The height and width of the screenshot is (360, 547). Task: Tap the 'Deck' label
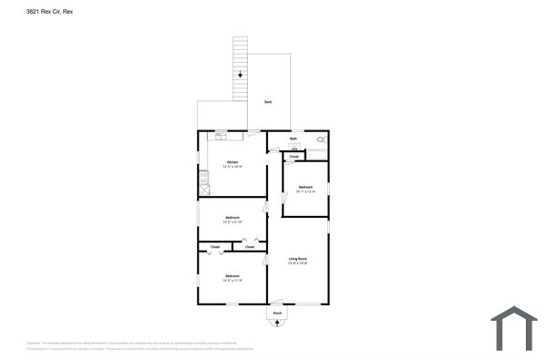[267, 101]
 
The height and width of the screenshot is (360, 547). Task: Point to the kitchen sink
[220, 137]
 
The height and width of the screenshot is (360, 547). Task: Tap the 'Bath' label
[294, 139]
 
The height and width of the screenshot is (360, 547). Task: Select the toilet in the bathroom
[321, 140]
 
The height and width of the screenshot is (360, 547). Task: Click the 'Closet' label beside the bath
[294, 158]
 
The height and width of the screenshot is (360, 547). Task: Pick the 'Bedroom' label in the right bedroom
[305, 188]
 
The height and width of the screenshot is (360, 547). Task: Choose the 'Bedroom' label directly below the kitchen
[232, 218]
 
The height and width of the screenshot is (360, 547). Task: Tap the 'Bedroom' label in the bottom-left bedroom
[232, 276]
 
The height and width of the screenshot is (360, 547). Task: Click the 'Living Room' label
[298, 260]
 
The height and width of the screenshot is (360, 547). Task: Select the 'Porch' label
[278, 314]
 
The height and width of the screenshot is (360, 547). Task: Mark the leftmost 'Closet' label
[215, 247]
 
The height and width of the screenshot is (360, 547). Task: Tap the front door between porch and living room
[278, 303]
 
